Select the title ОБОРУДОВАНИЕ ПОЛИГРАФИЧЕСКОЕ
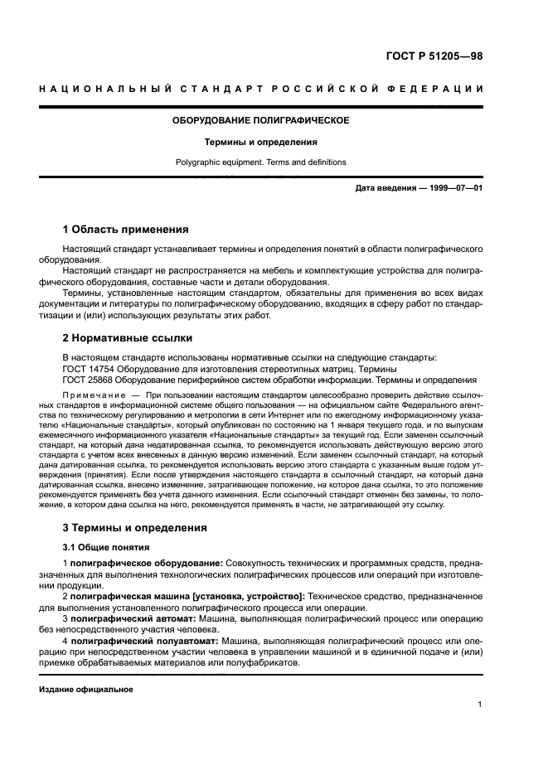point(260,120)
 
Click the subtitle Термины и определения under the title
point(260,142)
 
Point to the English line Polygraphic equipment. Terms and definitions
point(260,162)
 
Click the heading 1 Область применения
point(126,229)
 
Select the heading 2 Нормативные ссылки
point(128,337)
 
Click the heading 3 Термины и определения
point(135,527)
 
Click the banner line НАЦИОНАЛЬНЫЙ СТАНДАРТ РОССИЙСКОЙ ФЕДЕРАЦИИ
point(260,89)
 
